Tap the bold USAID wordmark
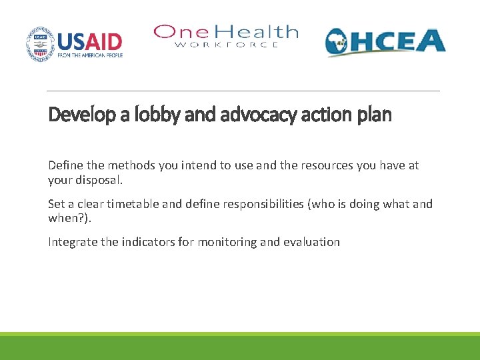click(x=90, y=41)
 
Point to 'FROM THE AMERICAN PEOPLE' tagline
click(x=90, y=55)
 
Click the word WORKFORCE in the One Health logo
click(x=227, y=45)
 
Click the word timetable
click(x=145, y=204)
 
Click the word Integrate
click(x=73, y=242)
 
